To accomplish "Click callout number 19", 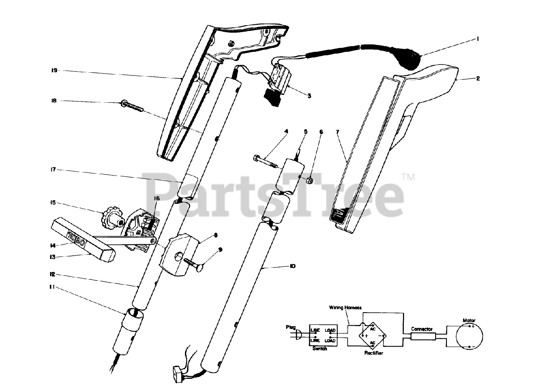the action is coord(54,70).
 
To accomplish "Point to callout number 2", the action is coord(478,79).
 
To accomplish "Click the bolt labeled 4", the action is coord(265,162).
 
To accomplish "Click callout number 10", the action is coord(292,266).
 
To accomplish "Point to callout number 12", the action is coord(53,274).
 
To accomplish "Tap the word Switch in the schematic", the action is coord(319,349).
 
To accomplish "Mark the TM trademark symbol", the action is coord(407,176).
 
